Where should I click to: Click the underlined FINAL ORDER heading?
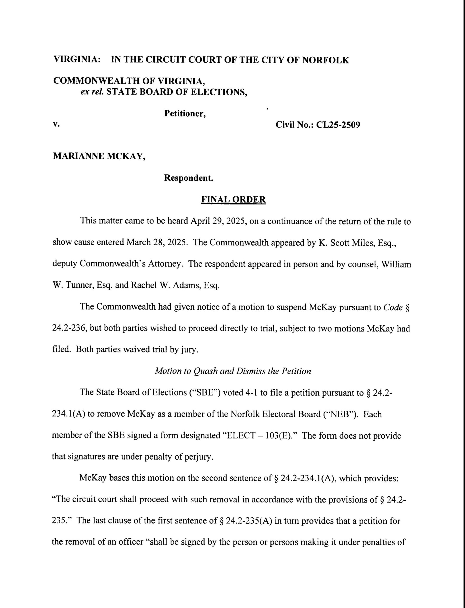[x=233, y=199]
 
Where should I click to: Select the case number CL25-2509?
[x=338, y=125]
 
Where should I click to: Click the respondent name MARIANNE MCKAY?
[x=99, y=156]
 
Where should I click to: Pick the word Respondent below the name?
[x=189, y=178]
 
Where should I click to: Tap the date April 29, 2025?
[x=218, y=221]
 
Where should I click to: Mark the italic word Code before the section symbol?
[x=393, y=307]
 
